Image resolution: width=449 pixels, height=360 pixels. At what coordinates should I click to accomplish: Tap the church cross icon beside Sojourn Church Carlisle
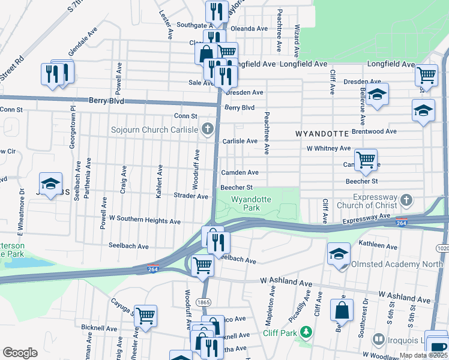click(x=208, y=129)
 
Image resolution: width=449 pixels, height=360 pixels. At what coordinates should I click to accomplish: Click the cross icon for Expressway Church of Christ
click(x=406, y=199)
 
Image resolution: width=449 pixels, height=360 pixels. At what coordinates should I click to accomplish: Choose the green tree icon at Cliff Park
click(x=306, y=332)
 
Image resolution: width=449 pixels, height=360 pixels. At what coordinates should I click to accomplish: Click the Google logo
click(x=20, y=353)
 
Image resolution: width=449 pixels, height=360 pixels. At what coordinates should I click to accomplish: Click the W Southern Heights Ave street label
click(x=145, y=221)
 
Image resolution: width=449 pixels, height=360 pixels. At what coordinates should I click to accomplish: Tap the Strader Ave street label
click(x=190, y=196)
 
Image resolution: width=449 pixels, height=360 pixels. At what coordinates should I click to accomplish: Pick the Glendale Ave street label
click(x=83, y=35)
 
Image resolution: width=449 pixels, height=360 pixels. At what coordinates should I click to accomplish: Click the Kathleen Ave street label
click(x=375, y=244)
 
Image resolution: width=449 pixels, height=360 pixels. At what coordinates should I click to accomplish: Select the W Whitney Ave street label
click(x=328, y=148)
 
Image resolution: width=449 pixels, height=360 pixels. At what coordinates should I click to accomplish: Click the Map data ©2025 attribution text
click(x=423, y=355)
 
